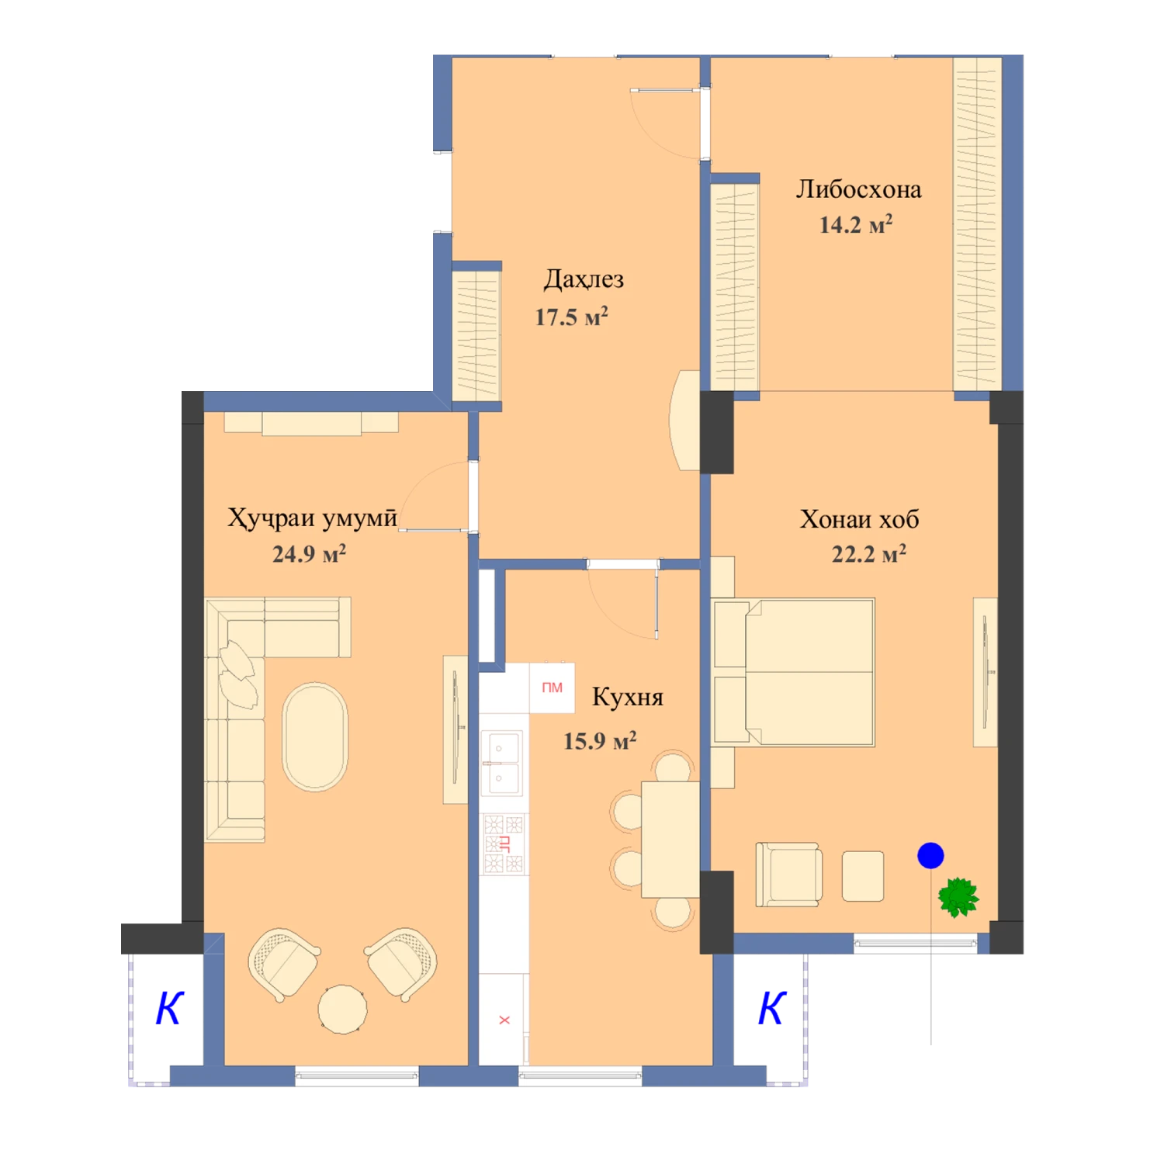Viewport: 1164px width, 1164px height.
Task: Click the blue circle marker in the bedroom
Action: [930, 855]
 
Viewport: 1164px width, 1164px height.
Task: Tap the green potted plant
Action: [958, 898]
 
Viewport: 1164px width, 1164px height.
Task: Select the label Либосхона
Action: [858, 189]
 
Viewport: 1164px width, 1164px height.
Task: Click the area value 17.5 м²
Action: [571, 317]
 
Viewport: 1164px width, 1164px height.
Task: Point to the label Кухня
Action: [627, 697]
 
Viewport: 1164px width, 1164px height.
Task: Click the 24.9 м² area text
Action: [309, 553]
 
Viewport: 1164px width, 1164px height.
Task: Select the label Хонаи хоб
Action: [859, 519]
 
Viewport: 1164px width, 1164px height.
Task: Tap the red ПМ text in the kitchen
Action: [552, 688]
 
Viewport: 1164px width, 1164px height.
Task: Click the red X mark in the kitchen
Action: [504, 1020]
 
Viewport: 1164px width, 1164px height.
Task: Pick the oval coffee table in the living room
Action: [315, 736]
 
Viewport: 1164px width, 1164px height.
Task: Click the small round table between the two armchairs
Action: [342, 1009]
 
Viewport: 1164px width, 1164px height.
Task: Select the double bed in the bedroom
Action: [794, 672]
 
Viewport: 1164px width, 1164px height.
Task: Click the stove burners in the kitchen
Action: [504, 844]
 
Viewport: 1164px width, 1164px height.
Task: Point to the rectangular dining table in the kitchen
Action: [670, 839]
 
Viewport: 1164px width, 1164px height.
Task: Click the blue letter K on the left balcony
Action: [169, 1008]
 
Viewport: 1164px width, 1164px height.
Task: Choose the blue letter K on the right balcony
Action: [772, 1008]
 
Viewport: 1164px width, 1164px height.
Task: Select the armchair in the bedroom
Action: [789, 875]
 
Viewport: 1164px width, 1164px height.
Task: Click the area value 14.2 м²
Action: [856, 225]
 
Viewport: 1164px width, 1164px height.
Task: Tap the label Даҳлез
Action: [584, 279]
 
